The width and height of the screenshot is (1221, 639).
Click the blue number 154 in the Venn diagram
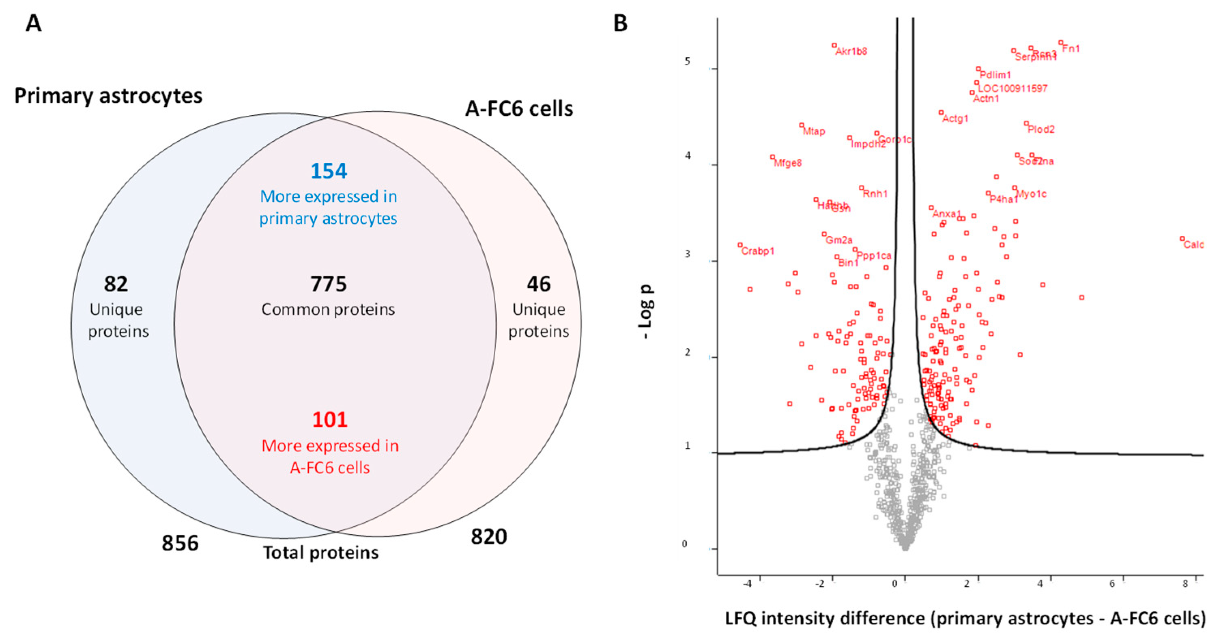pos(329,171)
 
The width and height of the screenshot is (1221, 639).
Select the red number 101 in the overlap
pos(329,420)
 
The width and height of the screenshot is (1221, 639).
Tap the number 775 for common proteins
pos(329,284)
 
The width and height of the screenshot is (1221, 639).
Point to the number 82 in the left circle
pos(116,284)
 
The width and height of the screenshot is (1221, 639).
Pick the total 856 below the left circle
pos(180,543)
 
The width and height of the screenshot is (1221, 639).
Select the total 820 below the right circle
pos(489,537)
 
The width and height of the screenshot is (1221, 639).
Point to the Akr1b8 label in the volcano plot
pos(851,51)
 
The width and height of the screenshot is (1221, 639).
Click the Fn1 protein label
pos(1071,48)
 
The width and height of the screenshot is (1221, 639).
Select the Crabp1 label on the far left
pos(757,251)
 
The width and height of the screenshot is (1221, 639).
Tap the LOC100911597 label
pos(1012,88)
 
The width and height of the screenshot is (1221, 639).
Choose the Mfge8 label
pos(788,163)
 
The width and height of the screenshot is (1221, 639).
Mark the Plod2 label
pos(1041,130)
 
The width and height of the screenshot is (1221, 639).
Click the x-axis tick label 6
pos(1112,583)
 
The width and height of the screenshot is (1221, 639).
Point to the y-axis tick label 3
pos(687,254)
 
